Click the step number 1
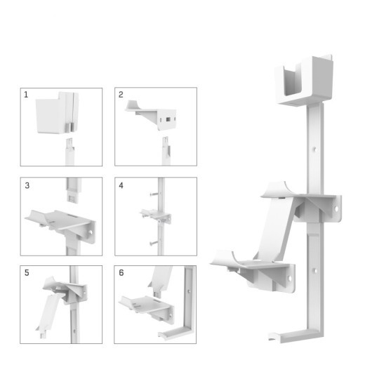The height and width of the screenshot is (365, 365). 27,94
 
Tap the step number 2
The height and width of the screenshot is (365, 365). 121,94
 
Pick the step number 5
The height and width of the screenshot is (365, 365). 27,272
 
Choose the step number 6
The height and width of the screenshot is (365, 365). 121,272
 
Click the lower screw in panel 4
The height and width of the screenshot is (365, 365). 152,241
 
